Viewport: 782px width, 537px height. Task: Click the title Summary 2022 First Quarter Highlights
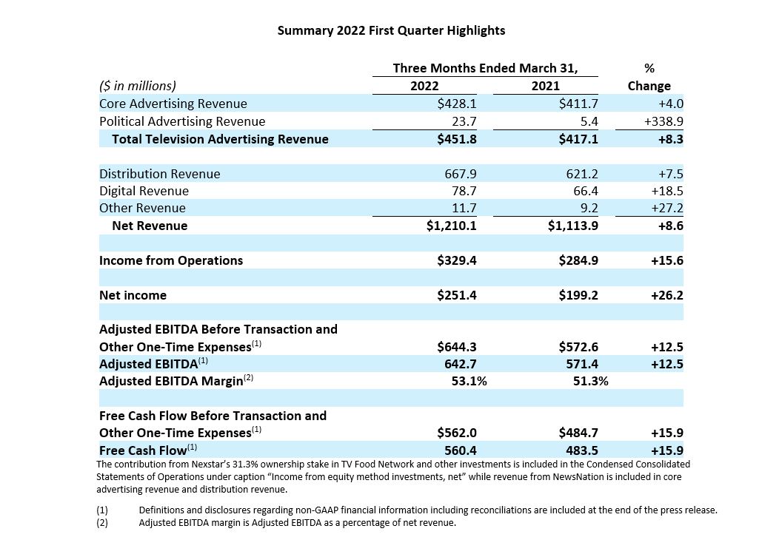391,30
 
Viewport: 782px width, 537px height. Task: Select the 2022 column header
424,86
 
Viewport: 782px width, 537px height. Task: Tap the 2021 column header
546,86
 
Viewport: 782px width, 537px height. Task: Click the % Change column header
649,77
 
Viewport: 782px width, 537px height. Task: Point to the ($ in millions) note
138,87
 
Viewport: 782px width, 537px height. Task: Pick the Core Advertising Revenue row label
173,104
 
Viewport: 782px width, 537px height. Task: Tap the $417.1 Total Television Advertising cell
578,139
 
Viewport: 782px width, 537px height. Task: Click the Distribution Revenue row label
160,174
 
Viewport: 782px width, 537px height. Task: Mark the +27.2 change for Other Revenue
667,209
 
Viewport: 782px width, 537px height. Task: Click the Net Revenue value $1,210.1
451,226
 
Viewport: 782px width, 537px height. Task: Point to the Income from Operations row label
171,260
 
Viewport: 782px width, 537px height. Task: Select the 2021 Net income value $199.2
578,295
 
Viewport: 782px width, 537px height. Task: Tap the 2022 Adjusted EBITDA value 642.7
461,364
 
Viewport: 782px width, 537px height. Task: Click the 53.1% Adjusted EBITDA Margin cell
469,382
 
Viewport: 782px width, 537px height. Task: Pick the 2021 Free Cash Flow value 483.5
582,450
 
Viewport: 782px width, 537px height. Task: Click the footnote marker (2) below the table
101,523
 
